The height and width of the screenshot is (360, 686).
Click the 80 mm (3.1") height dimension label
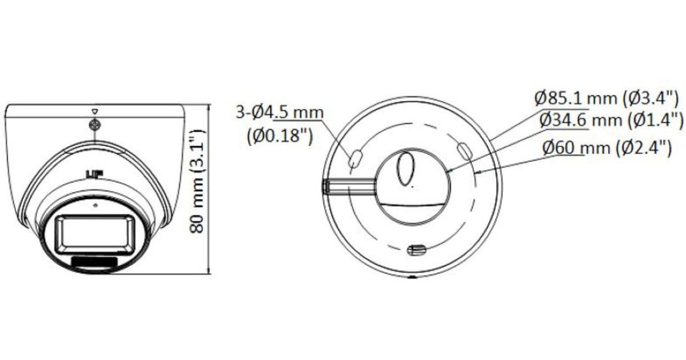coord(197,181)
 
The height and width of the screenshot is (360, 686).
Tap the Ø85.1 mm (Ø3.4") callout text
coord(607,98)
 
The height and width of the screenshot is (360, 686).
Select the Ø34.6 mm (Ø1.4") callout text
coord(611,119)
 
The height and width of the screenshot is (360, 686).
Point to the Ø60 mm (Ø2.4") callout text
coord(607,147)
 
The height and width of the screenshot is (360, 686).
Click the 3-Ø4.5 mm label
coord(280,113)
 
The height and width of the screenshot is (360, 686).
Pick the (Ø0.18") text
coord(280,135)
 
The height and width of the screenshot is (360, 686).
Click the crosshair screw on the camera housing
coord(95,125)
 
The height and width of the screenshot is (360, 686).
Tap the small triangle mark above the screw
coord(95,112)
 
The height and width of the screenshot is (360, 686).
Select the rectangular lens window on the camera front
coord(95,235)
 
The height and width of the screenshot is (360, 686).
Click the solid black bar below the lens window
coord(94,263)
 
